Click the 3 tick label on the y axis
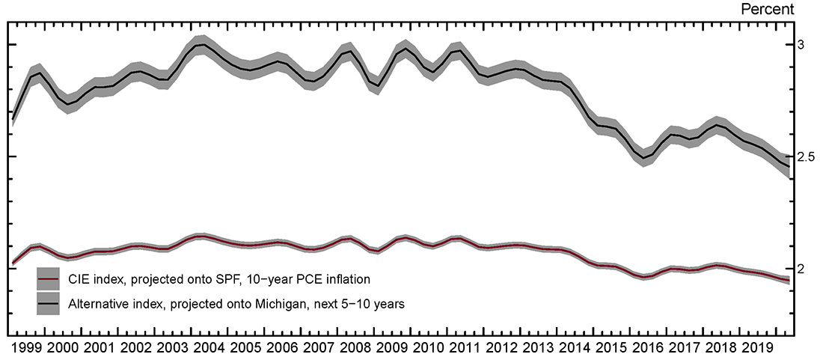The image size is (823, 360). coord(801,46)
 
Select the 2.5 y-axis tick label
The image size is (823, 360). coord(806,157)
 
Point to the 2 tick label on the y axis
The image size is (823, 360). coord(801,269)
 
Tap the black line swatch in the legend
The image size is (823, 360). coord(49,302)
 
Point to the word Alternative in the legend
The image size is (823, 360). coord(96,303)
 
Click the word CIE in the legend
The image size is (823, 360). coord(78,279)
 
